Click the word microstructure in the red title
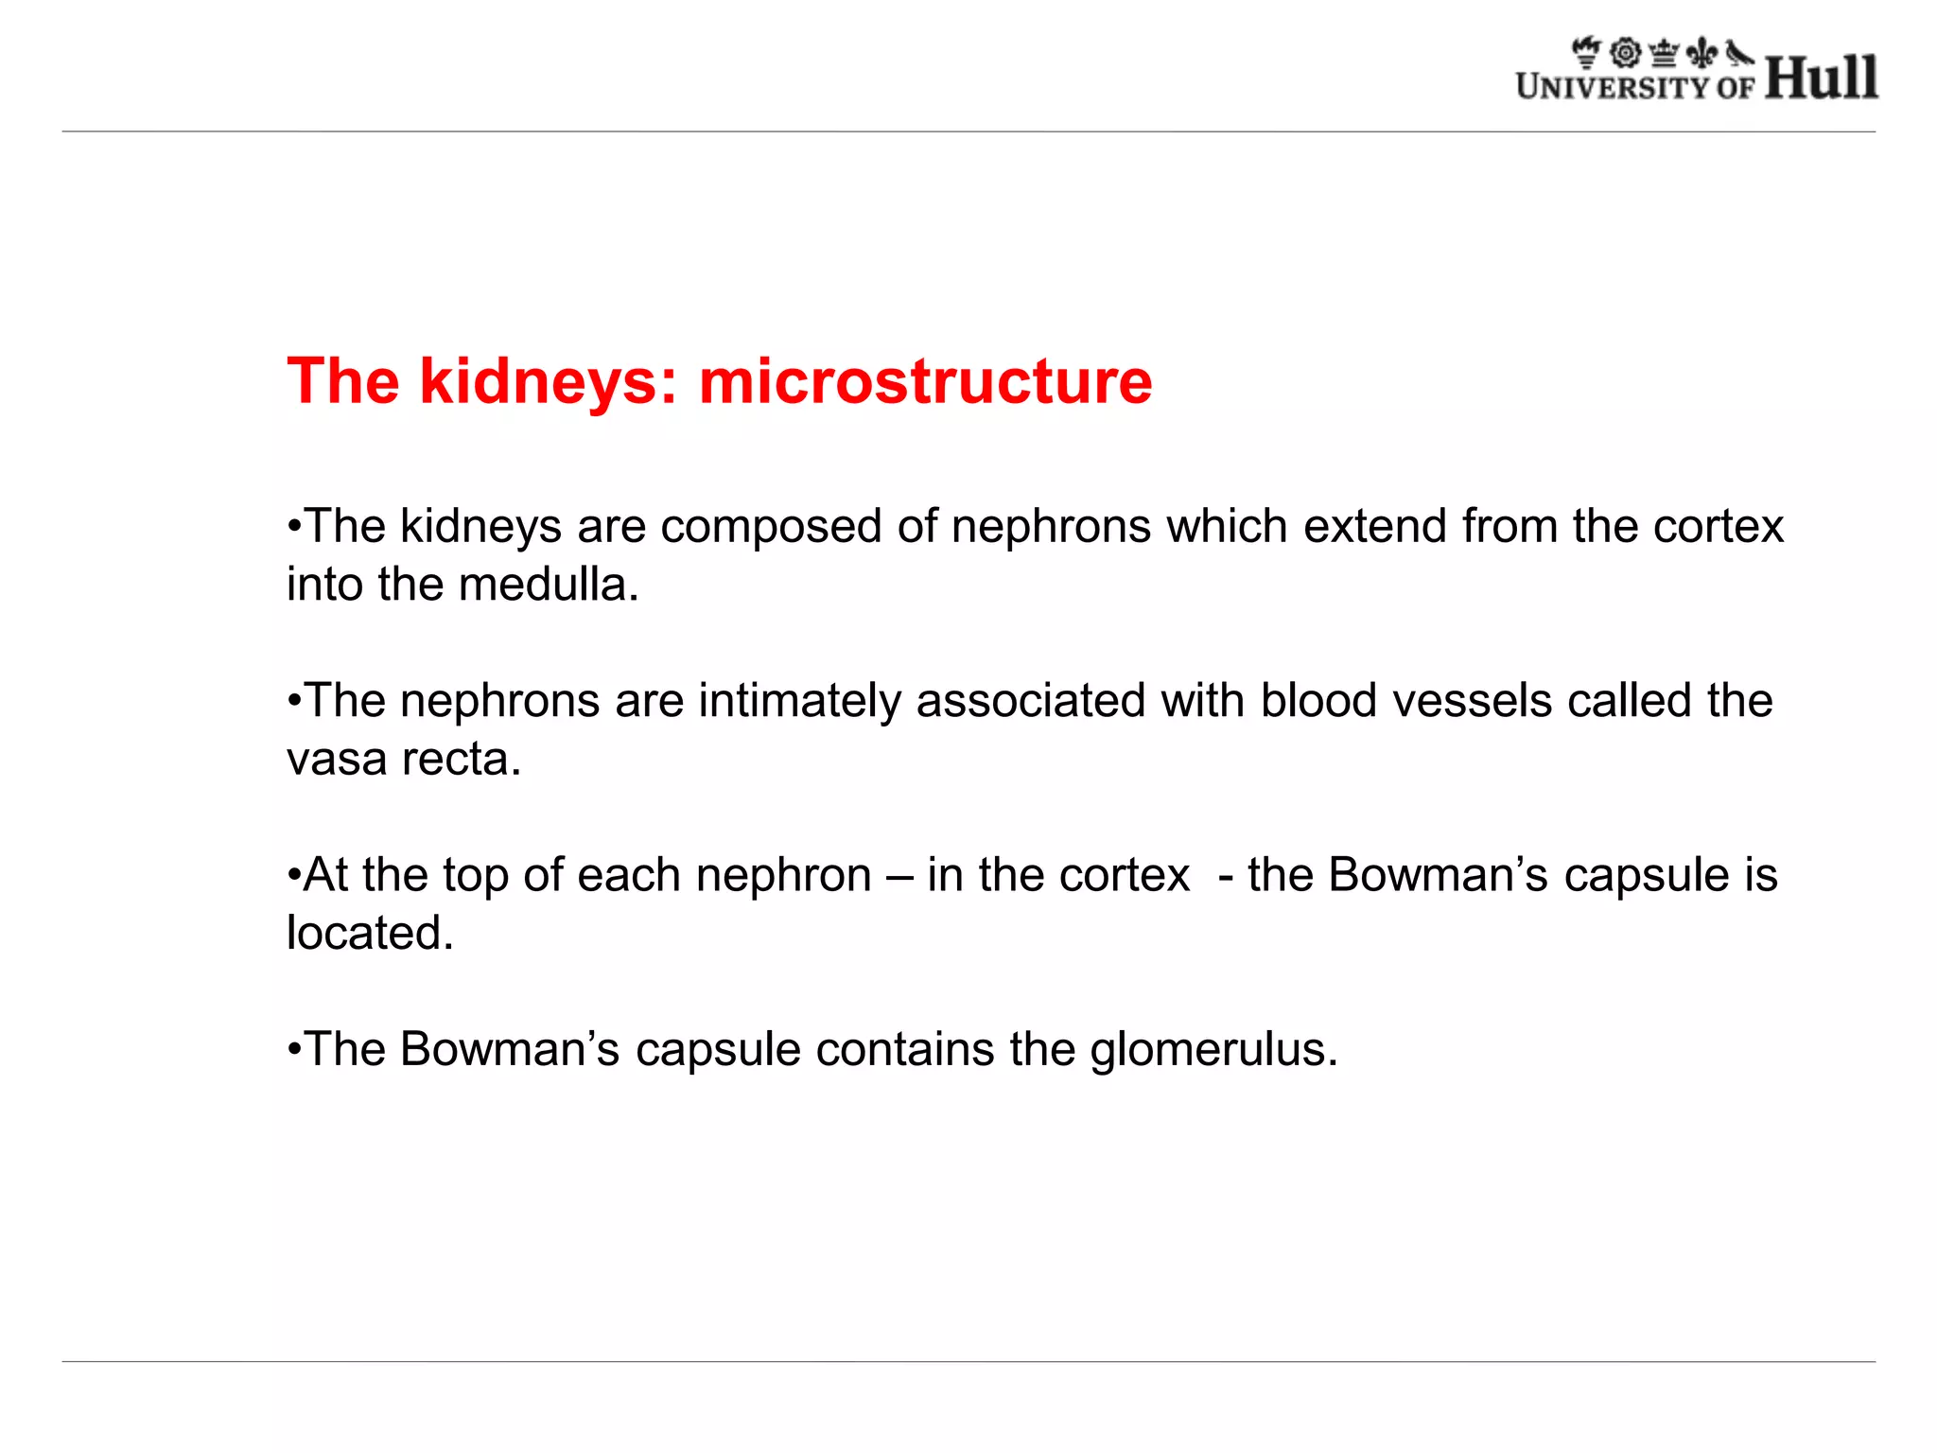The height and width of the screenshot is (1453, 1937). coord(925,381)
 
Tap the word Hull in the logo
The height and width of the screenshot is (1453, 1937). coord(1821,78)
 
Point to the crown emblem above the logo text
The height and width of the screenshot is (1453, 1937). coord(1663,53)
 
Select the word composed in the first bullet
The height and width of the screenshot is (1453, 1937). coord(771,527)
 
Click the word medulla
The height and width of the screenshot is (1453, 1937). coord(549,585)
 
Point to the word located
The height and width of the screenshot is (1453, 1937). coord(370,934)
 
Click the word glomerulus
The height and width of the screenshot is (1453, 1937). coord(1213,1050)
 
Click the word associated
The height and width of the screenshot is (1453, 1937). coord(1031,701)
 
